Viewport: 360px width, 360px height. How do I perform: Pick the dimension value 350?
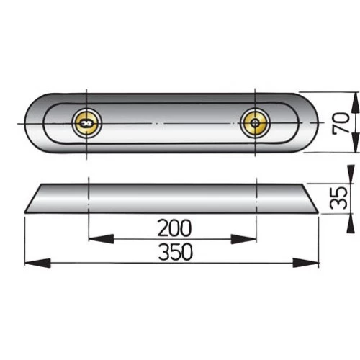click(173, 253)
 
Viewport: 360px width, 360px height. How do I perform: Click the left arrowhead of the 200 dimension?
click(94, 238)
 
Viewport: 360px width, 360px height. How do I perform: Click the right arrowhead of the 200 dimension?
click(249, 238)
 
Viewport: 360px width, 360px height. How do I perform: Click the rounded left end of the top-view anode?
click(30, 123)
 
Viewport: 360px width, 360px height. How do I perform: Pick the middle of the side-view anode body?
click(173, 198)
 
